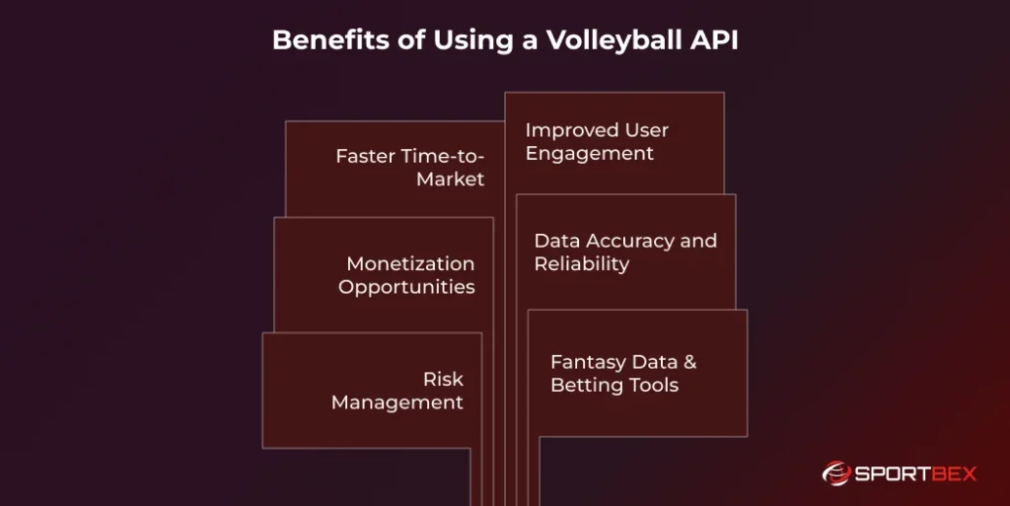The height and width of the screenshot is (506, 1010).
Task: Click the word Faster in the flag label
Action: coord(364,156)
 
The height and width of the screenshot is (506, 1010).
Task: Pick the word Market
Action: coord(451,180)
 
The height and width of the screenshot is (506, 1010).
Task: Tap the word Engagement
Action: coord(590,154)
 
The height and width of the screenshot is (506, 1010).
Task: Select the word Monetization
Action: coord(410,263)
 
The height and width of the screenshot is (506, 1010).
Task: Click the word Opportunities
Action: coord(406,287)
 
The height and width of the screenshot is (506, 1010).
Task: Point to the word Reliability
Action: coord(582,264)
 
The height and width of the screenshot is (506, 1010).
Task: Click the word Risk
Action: coord(443,379)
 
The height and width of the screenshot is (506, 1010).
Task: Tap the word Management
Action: coord(397,402)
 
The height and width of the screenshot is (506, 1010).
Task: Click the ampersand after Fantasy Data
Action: coord(689,362)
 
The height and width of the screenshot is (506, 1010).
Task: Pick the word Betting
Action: coord(583,386)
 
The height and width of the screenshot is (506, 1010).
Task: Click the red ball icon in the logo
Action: coord(836,474)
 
